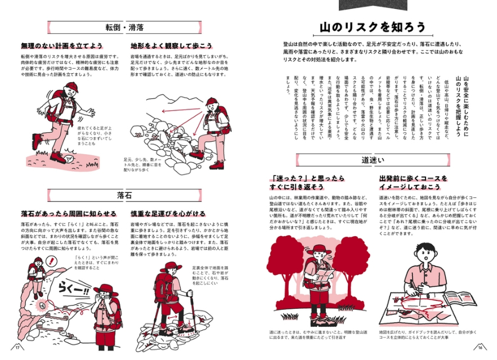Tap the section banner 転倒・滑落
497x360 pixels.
124,27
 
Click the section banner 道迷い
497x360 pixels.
373,161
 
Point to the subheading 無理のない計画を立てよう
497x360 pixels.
62,46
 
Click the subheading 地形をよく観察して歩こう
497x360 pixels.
172,46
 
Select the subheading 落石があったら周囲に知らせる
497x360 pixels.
69,214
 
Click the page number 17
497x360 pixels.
17,346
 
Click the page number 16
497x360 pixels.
480,346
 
